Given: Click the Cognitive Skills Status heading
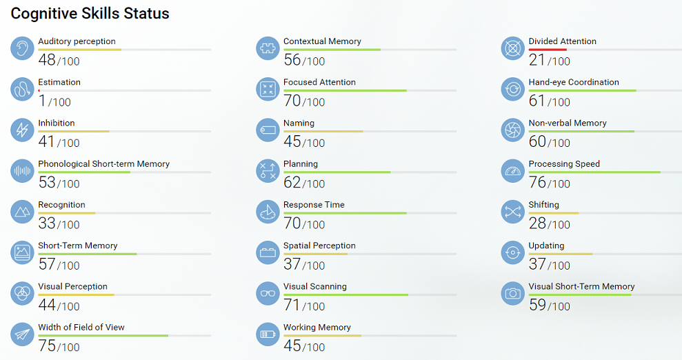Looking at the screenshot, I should click(x=90, y=13).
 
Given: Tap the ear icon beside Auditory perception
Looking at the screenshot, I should click(x=22, y=48).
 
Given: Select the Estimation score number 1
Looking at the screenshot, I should click(x=42, y=101).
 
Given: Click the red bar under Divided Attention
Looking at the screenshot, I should click(x=548, y=50).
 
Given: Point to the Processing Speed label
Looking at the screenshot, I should click(x=564, y=164).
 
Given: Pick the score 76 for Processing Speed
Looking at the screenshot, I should click(x=537, y=183).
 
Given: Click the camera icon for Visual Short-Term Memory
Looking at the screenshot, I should click(x=512, y=293).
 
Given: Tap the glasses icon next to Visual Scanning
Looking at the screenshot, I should click(x=268, y=293).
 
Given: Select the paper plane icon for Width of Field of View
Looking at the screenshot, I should click(x=22, y=334).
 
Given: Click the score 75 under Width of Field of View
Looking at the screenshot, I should click(x=47, y=346).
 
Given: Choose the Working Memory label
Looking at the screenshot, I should click(x=317, y=328).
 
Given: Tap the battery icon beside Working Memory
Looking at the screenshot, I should click(x=268, y=334).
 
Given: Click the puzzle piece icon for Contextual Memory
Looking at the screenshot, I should click(x=268, y=48).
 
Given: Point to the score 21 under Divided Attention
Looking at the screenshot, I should click(x=537, y=60).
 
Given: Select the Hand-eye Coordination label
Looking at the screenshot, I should click(x=574, y=82).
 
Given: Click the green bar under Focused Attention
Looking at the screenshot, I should click(x=345, y=90).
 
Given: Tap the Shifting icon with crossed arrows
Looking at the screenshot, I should click(x=512, y=212).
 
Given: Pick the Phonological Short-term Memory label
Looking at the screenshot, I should click(x=103, y=164).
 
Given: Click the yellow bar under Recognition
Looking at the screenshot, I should click(x=66, y=213).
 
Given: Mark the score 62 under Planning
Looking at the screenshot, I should click(x=292, y=183).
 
